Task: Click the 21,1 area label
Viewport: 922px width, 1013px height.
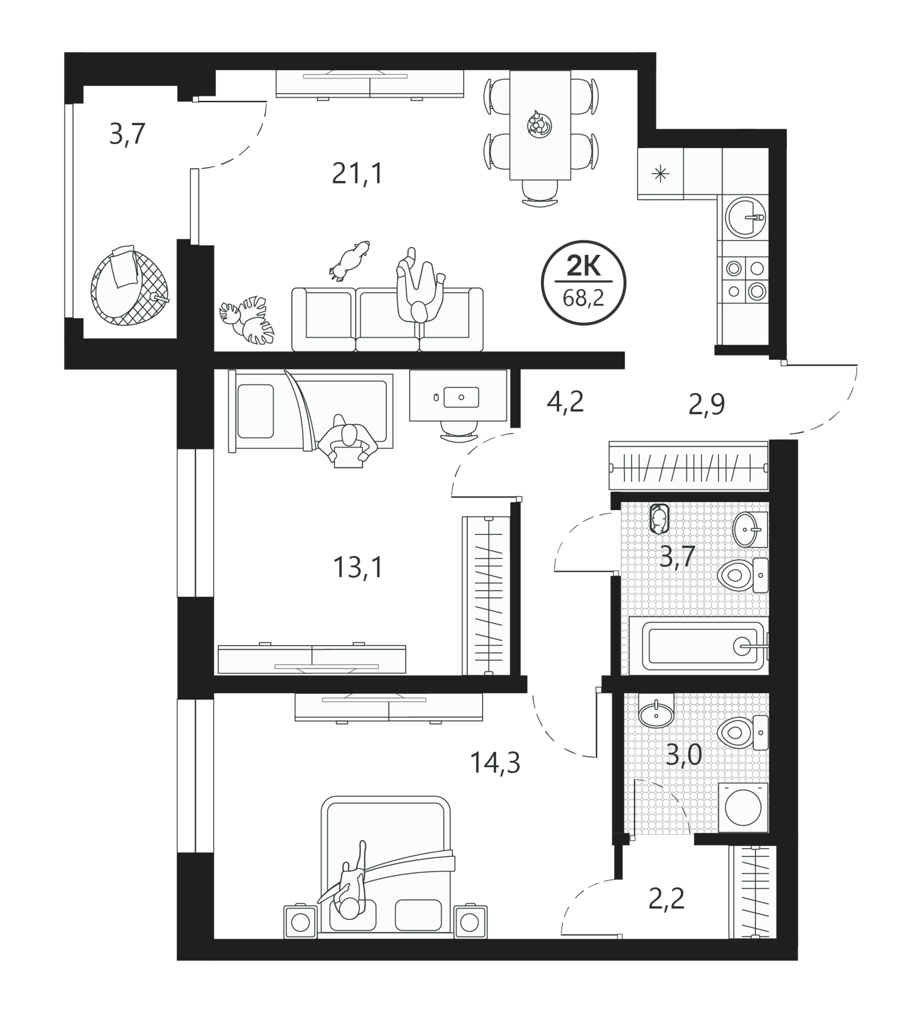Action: pyautogui.click(x=357, y=173)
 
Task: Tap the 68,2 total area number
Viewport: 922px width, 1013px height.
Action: pyautogui.click(x=583, y=299)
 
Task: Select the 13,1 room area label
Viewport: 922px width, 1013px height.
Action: pyautogui.click(x=358, y=568)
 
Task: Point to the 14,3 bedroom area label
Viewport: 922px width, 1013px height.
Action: pyautogui.click(x=495, y=762)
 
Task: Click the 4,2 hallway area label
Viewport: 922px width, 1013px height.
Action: pyautogui.click(x=565, y=402)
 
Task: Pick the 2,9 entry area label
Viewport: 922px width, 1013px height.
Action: pyautogui.click(x=707, y=405)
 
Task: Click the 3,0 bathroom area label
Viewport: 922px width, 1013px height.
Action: pyautogui.click(x=684, y=755)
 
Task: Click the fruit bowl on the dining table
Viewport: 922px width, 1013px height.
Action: pyautogui.click(x=540, y=125)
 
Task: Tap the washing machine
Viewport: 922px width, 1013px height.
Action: pyautogui.click(x=743, y=808)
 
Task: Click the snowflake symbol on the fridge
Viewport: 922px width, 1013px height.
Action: pyautogui.click(x=660, y=174)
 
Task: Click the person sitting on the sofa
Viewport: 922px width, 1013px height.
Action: pyautogui.click(x=420, y=290)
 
